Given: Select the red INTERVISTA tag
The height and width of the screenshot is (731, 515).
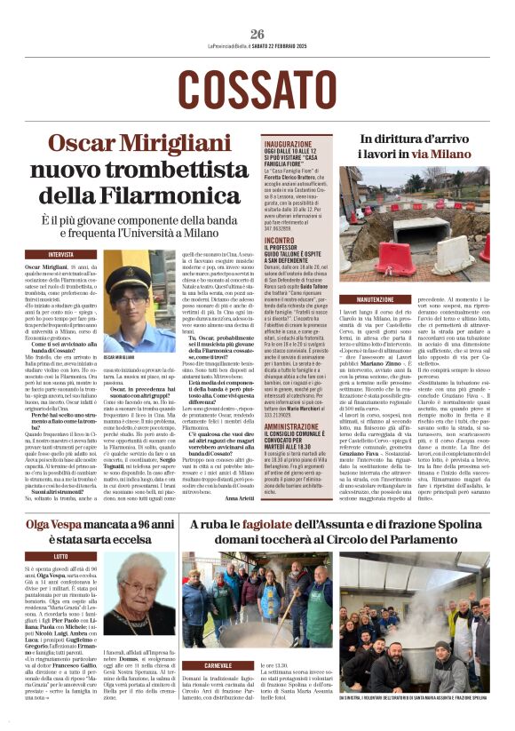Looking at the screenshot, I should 61,254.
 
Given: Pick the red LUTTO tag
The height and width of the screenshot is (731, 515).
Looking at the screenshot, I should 61,556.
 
